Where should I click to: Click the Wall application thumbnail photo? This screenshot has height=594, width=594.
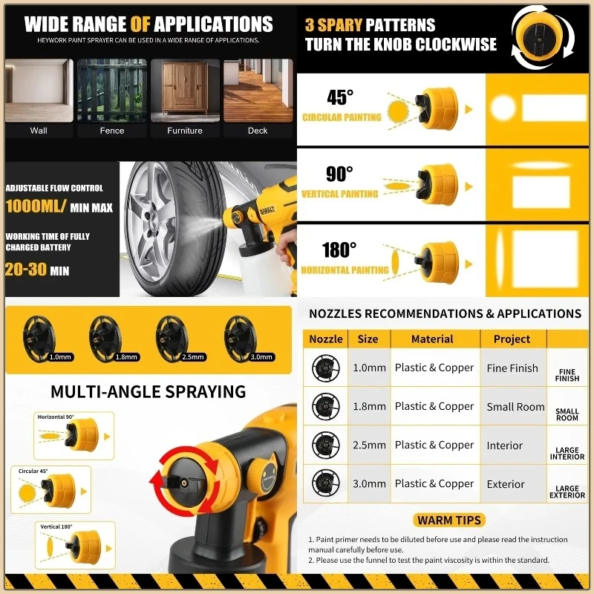click(x=39, y=90)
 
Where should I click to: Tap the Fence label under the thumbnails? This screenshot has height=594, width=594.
click(x=112, y=131)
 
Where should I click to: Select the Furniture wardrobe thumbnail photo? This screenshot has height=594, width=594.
click(x=185, y=90)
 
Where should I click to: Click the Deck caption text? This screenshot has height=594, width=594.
click(x=258, y=131)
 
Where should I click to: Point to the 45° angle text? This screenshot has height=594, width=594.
click(x=341, y=97)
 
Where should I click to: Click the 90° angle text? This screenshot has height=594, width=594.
click(x=339, y=174)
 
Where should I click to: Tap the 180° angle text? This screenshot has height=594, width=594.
click(x=339, y=250)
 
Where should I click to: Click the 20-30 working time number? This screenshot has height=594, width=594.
click(x=26, y=270)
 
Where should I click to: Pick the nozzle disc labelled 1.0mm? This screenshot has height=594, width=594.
click(x=44, y=337)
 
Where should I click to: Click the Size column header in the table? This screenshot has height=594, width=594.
click(x=368, y=339)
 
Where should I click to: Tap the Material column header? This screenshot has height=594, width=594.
click(x=432, y=339)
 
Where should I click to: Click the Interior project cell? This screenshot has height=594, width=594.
click(x=505, y=446)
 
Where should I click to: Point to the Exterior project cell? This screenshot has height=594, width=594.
click(x=506, y=484)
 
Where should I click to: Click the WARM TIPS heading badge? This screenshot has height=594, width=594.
click(x=449, y=520)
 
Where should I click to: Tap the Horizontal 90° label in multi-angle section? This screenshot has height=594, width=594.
click(x=56, y=417)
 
